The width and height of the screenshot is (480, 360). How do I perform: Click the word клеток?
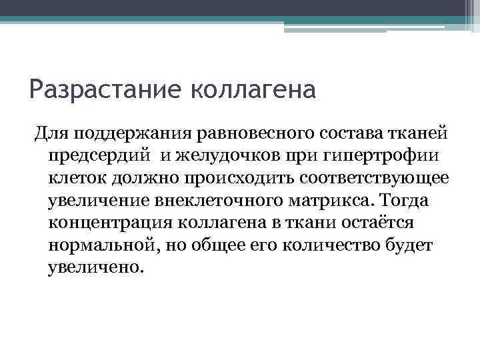(77, 179)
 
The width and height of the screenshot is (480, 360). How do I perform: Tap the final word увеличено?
(95, 269)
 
